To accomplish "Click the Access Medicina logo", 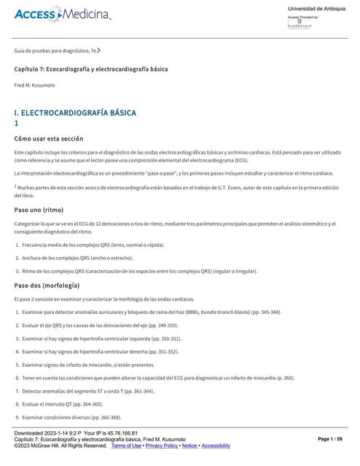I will tap(62, 15).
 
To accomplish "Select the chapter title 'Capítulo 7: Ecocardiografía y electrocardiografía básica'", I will tap(91, 68).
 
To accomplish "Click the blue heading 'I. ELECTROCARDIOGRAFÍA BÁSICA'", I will tap(75, 114).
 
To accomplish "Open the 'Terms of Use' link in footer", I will tap(126, 445).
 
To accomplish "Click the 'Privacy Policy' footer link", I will tap(162, 445).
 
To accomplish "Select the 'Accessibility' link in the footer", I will tap(216, 445).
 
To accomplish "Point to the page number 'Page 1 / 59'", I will tap(334, 439).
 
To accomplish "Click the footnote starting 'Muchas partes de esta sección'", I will tap(175, 189).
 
